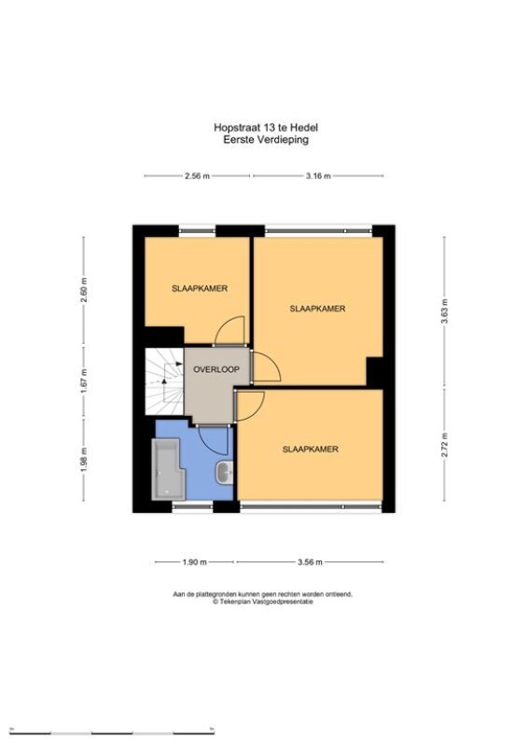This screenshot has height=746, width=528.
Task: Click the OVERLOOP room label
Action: (215, 369)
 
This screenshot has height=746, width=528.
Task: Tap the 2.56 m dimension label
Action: (197, 176)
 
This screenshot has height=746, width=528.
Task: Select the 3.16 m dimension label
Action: (318, 176)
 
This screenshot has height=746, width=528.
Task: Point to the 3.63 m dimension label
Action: (444, 311)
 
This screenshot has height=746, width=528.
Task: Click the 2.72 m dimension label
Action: (444, 445)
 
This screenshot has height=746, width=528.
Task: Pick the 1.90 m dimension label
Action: (195, 562)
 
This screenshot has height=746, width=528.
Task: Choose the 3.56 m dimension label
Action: (310, 562)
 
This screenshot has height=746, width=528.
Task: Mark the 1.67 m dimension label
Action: (84, 381)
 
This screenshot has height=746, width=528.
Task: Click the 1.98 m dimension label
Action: (84, 462)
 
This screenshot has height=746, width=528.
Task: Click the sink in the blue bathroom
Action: (224, 473)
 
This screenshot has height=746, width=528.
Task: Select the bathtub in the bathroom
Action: (168, 469)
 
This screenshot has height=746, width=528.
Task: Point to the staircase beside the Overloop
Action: (164, 381)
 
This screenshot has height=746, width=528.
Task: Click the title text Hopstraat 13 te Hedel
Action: (266, 128)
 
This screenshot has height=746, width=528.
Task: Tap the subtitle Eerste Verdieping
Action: (266, 140)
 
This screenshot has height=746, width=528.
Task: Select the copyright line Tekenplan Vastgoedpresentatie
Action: (263, 601)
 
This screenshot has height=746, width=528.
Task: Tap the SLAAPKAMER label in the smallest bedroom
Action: (200, 288)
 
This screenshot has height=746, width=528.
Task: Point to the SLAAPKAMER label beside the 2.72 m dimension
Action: (311, 449)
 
